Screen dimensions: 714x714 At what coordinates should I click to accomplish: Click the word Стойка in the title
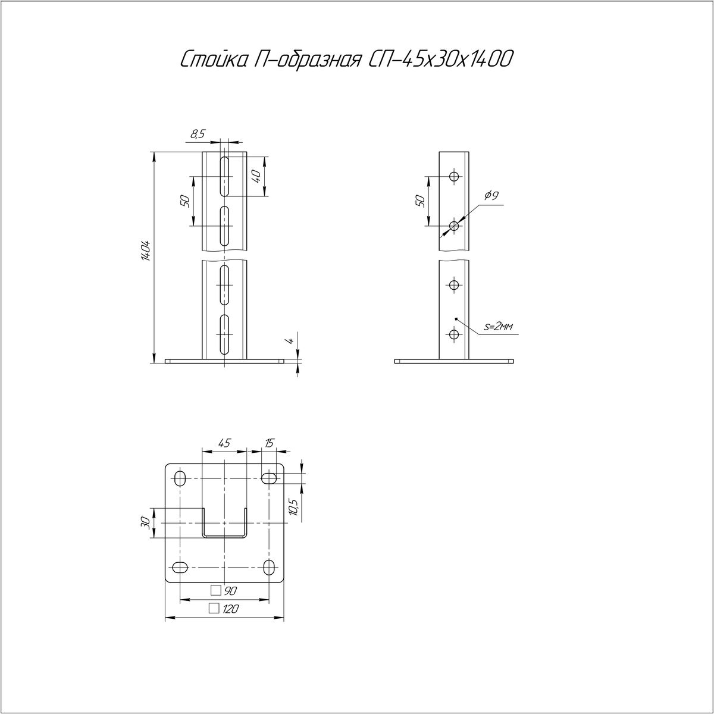point(213,59)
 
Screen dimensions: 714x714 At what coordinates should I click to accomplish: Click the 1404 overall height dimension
point(146,251)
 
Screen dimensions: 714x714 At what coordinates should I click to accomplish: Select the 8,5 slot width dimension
point(198,134)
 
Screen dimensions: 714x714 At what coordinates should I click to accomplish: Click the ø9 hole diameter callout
point(490,195)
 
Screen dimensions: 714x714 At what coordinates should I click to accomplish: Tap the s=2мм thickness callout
point(499,327)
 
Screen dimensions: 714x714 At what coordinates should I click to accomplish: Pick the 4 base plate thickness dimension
point(291,340)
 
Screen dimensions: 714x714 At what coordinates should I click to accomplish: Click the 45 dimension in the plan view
point(224,443)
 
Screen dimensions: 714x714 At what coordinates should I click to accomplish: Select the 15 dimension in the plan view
point(270,443)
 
